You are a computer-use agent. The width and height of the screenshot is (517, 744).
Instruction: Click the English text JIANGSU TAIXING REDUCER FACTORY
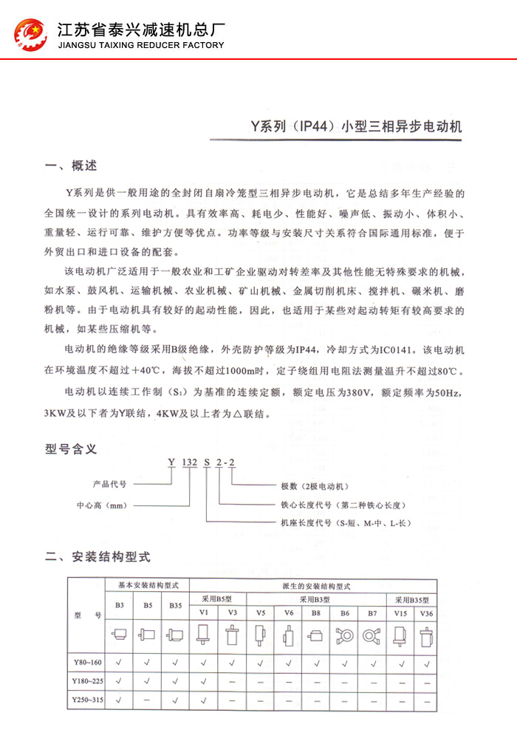140,45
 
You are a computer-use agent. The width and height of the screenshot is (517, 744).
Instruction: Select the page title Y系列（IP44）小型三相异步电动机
356,126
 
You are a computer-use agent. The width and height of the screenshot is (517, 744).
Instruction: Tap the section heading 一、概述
71,165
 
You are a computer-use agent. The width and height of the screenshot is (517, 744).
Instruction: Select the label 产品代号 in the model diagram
110,485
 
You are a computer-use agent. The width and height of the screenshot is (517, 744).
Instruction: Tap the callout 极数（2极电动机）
314,486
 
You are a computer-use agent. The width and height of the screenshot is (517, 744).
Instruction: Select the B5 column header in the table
147,605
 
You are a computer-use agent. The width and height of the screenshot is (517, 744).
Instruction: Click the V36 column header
426,613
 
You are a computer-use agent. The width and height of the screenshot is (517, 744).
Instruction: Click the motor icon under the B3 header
119,634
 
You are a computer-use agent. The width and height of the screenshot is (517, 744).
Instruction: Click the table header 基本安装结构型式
147,585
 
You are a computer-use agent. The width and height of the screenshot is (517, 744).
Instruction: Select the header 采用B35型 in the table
411,599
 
